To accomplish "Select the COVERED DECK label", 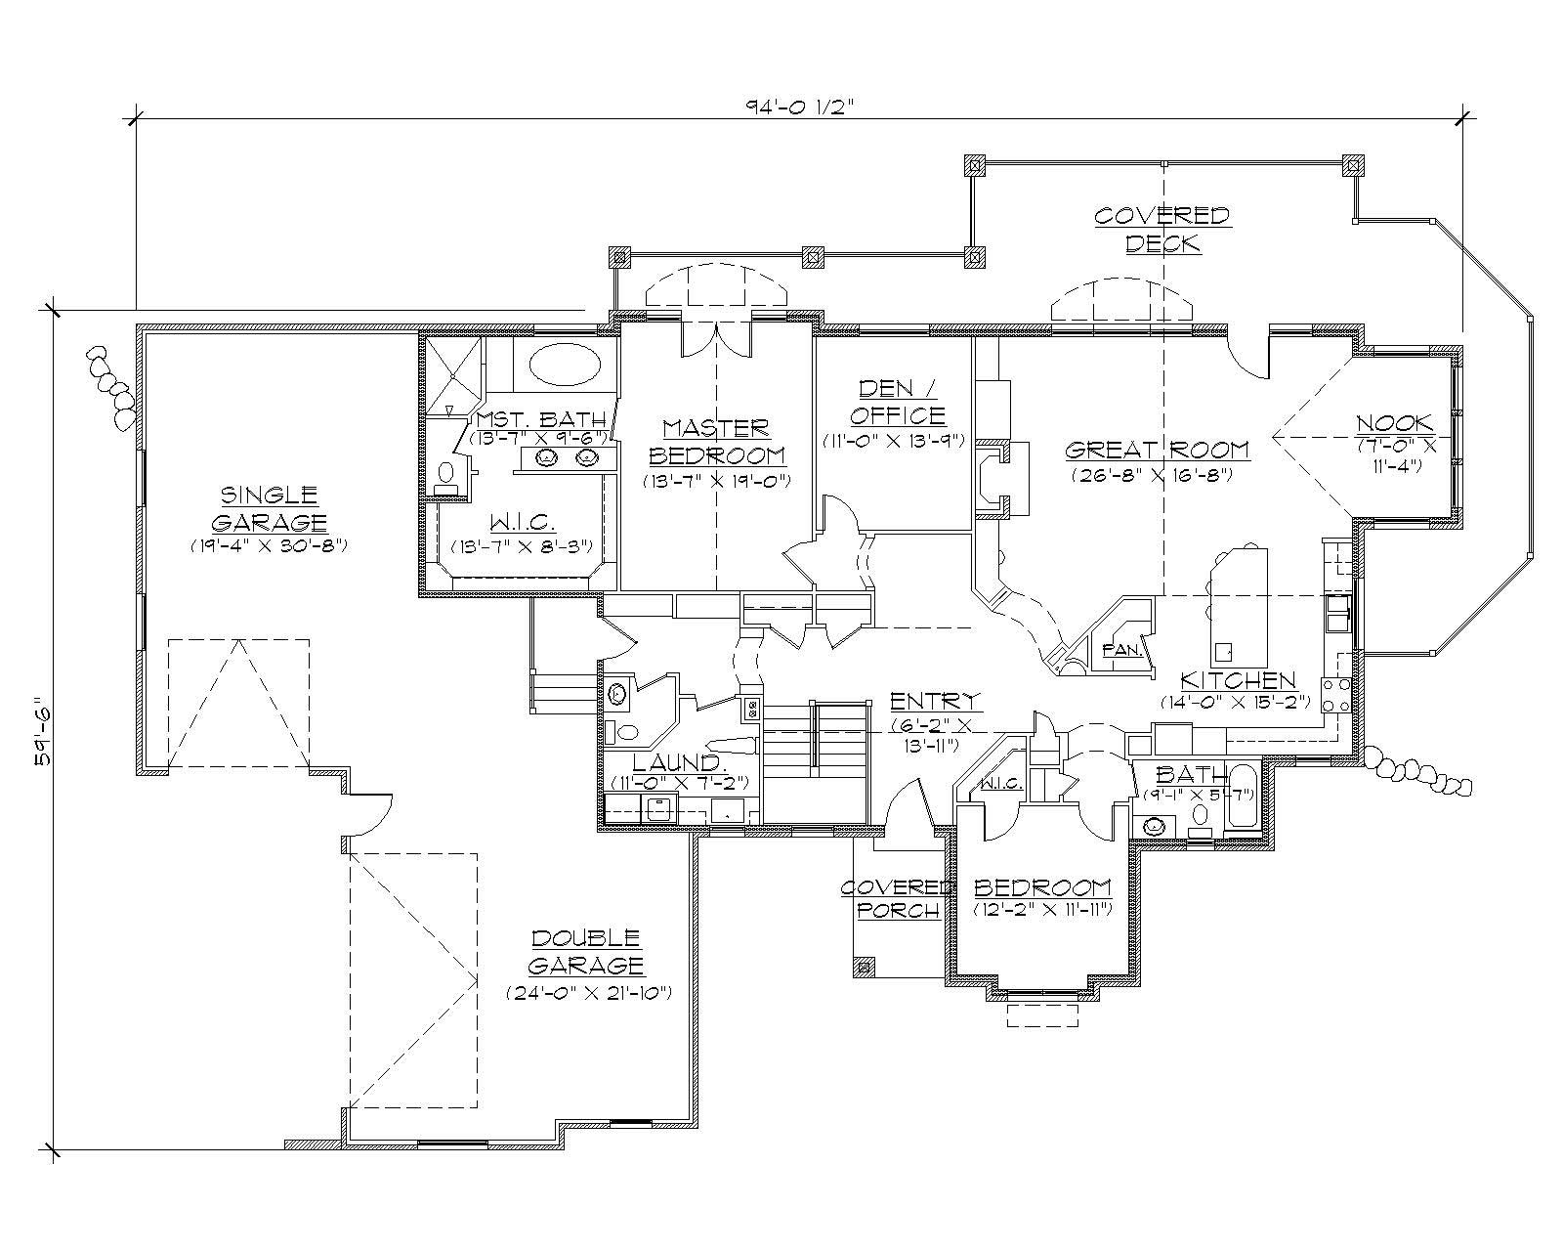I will coord(1161,228).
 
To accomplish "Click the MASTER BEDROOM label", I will coord(716,442).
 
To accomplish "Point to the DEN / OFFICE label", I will coord(896,402).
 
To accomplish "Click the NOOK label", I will coord(1394,423).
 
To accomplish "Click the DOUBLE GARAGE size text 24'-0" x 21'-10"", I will coord(586,993).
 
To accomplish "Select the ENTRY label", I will coord(936,701).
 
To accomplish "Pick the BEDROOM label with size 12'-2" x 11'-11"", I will coord(1042,887).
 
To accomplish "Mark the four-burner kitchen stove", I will coord(1335,695).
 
